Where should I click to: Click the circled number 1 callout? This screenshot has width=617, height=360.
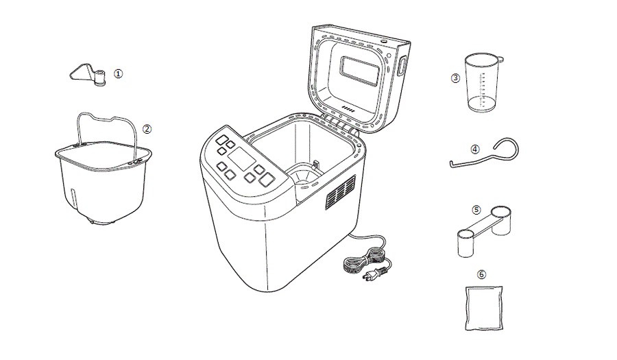coord(119,73)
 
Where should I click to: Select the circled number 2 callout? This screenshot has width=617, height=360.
coord(147,128)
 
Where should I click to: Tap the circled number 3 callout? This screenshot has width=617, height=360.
coord(455,78)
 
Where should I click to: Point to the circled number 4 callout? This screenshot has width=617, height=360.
coord(475,148)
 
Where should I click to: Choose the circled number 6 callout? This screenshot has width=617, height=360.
coord(481,274)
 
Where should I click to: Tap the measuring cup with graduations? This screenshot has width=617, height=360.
coord(482,82)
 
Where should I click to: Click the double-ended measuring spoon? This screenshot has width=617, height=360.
coord(483,226)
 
